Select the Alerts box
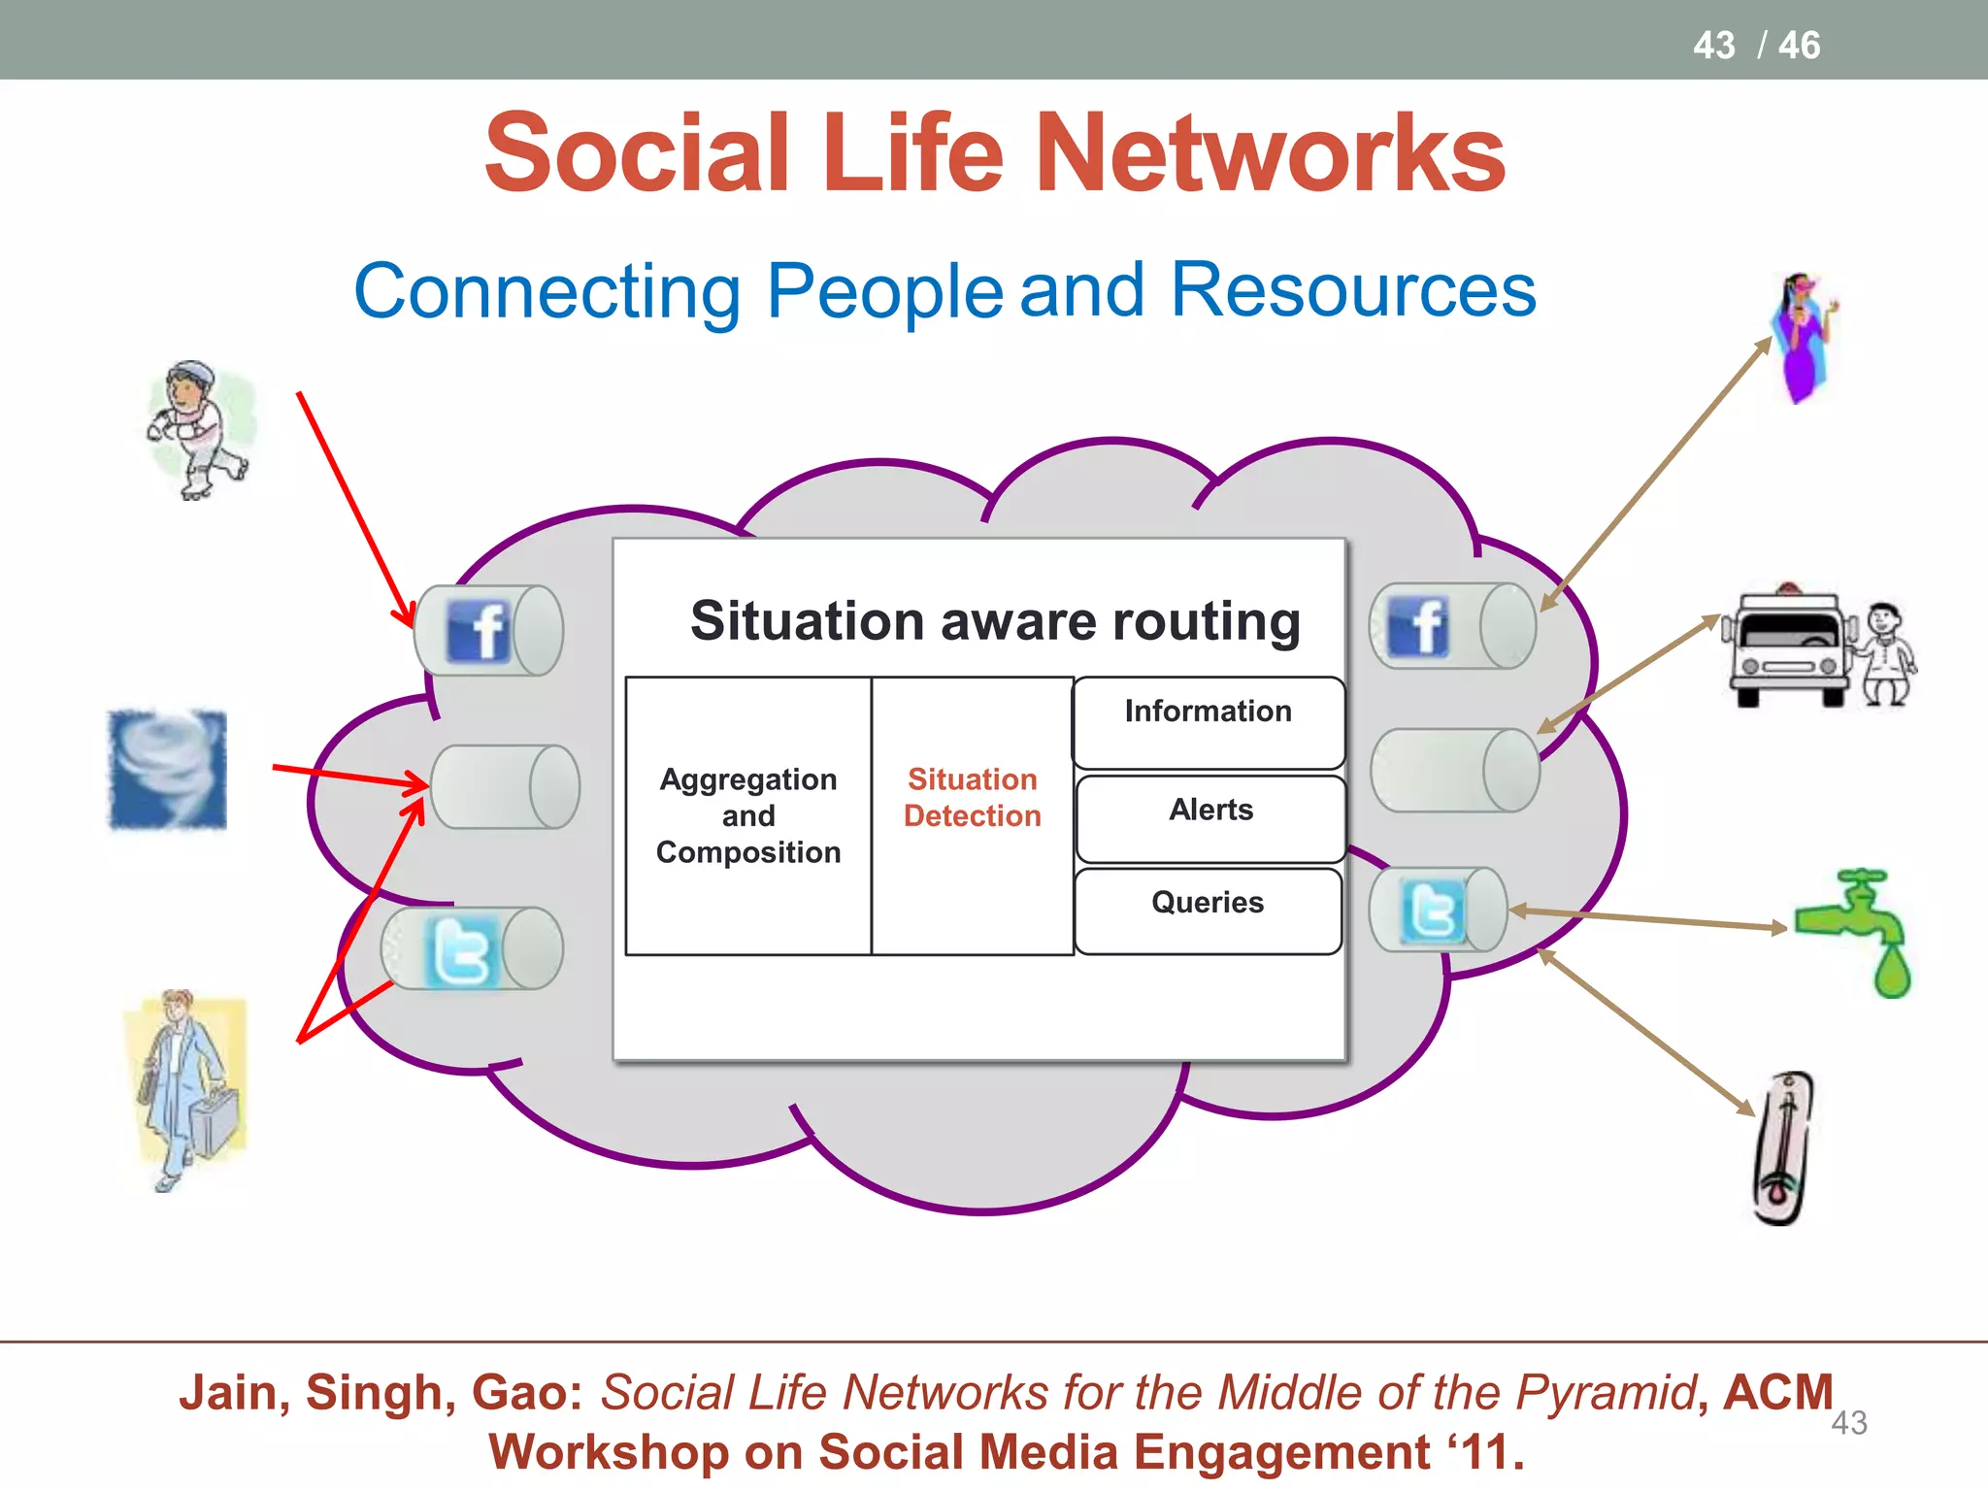pyautogui.click(x=1210, y=817)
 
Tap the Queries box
pyautogui.click(x=1208, y=911)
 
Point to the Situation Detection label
pyautogui.click(x=972, y=797)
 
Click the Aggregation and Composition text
pyautogui.click(x=747, y=815)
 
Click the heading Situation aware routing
pyautogui.click(x=995, y=621)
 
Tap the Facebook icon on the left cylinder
pyautogui.click(x=478, y=631)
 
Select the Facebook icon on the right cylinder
pyautogui.click(x=1418, y=627)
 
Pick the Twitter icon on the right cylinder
pyautogui.click(x=1433, y=911)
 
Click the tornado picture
pyautogui.click(x=167, y=770)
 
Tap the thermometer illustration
pyautogui.click(x=1783, y=1148)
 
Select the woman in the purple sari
pyautogui.click(x=1804, y=336)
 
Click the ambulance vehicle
pyautogui.click(x=1784, y=646)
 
